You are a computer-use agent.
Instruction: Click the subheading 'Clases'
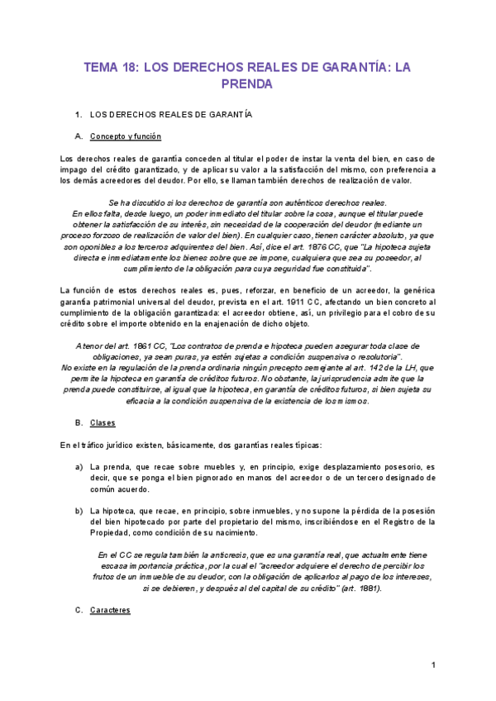[103, 423]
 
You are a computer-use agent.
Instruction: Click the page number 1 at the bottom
[433, 665]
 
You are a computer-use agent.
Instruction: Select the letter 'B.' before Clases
[79, 423]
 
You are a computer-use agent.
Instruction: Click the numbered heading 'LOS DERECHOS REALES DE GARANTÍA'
[170, 113]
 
